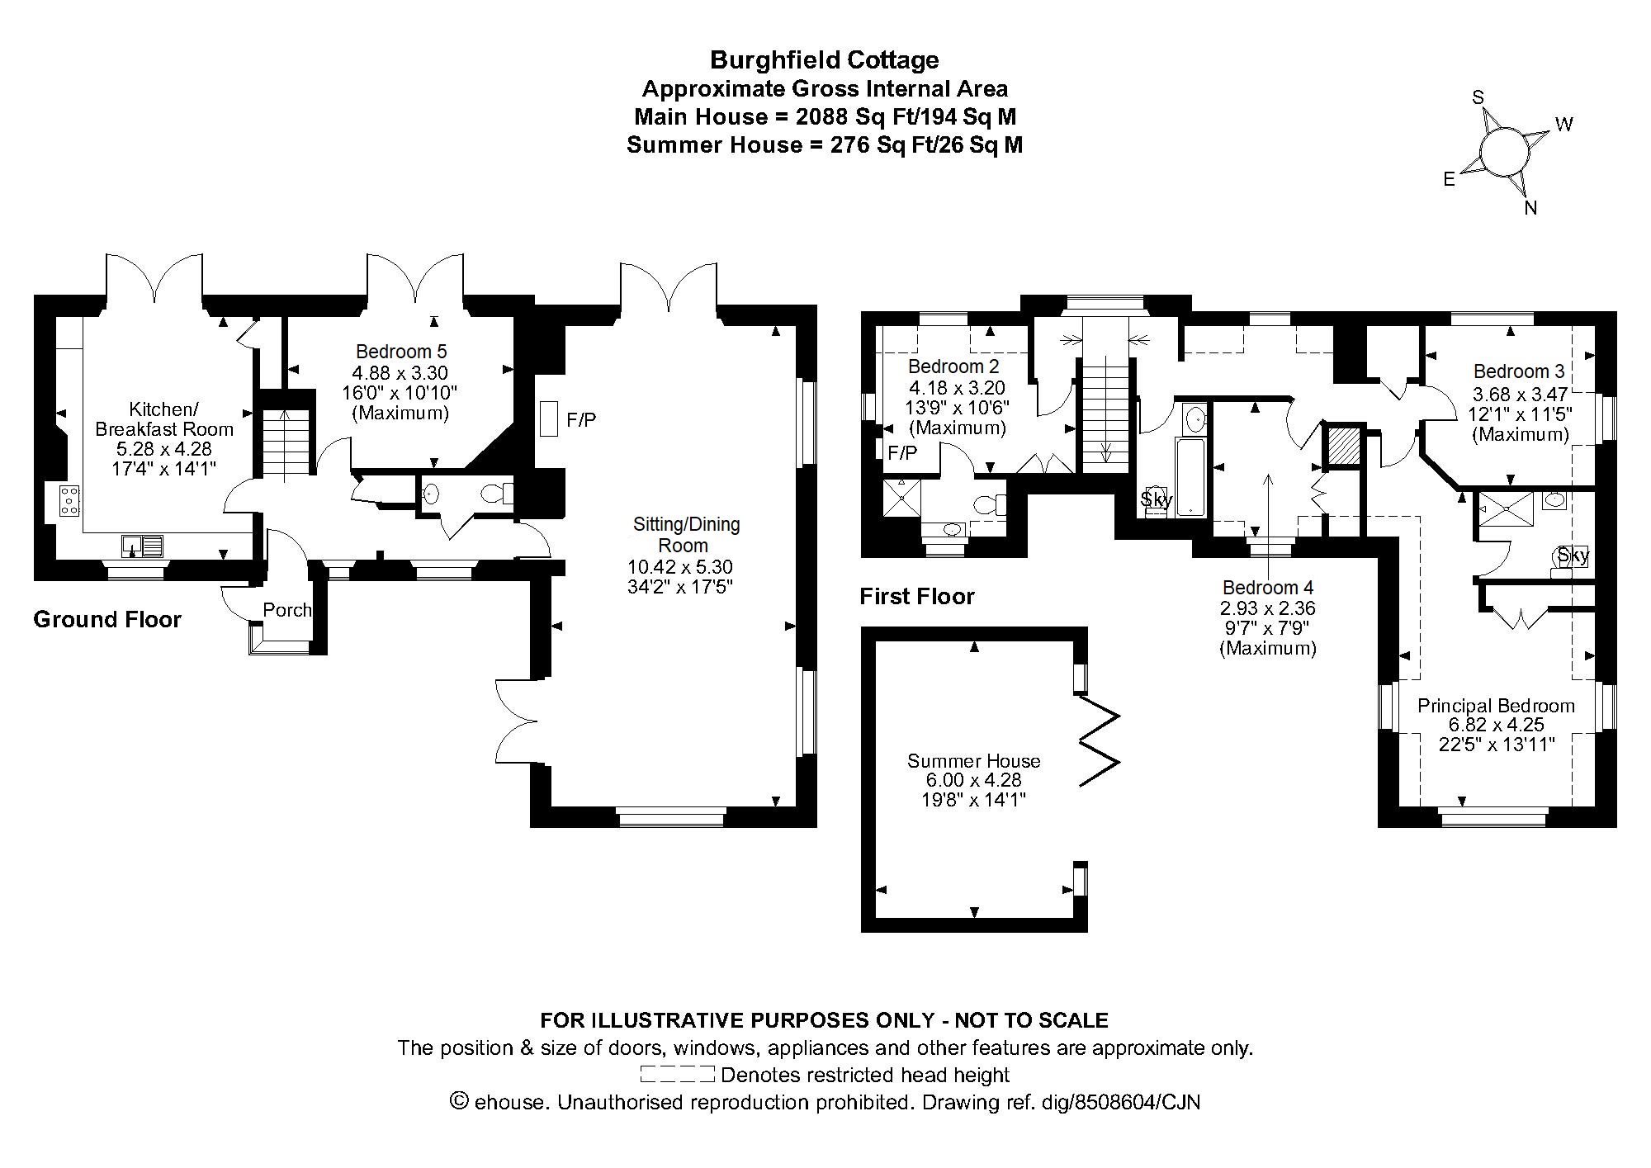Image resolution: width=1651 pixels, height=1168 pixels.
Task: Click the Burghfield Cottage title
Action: click(x=825, y=60)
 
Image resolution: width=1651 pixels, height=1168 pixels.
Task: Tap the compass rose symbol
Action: click(x=1502, y=151)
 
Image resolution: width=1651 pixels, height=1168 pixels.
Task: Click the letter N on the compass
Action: click(x=1530, y=208)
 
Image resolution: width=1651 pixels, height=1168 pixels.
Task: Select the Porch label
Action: click(x=287, y=610)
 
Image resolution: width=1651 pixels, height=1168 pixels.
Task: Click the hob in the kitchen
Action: click(x=69, y=501)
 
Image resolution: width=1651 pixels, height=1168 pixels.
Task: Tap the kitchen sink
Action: click(x=143, y=546)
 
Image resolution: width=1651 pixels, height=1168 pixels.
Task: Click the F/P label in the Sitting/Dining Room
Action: click(x=581, y=421)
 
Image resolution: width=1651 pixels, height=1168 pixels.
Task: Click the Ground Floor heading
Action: click(x=107, y=620)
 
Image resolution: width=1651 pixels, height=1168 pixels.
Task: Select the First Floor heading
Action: click(x=917, y=596)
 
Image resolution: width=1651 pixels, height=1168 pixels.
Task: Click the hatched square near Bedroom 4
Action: click(x=1342, y=447)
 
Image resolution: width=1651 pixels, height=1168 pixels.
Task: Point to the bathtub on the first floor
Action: click(x=1190, y=477)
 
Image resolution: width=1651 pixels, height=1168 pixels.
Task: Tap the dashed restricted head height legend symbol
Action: click(x=677, y=1075)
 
